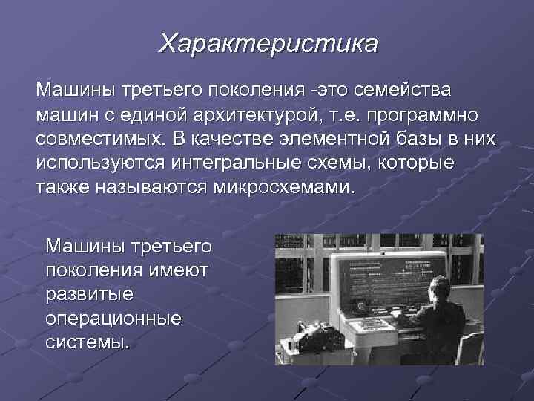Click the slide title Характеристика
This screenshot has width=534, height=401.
click(268, 42)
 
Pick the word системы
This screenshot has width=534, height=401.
click(87, 342)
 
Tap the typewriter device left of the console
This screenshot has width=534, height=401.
click(297, 349)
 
